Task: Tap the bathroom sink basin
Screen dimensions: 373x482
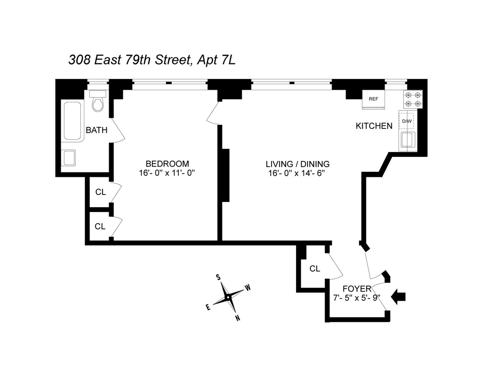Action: [x=68, y=158]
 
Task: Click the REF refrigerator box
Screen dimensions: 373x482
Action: [x=373, y=99]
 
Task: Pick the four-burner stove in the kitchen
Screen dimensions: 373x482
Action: [x=413, y=99]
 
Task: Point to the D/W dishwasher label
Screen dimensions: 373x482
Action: [x=407, y=121]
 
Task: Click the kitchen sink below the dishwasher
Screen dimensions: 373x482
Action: [x=407, y=139]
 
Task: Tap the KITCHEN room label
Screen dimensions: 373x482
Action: [x=374, y=126]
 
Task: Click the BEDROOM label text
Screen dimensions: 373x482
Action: [x=167, y=164]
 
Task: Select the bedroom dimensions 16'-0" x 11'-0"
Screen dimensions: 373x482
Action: [x=167, y=173]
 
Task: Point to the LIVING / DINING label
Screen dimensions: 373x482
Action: [x=297, y=164]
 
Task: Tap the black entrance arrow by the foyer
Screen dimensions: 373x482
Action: [x=399, y=297]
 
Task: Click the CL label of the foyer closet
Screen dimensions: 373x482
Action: [x=315, y=269]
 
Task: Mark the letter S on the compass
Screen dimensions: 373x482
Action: [x=218, y=277]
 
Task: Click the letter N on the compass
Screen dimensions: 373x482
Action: [x=237, y=318]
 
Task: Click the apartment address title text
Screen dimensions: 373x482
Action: [x=152, y=60]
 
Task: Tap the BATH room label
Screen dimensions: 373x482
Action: [x=96, y=130]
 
